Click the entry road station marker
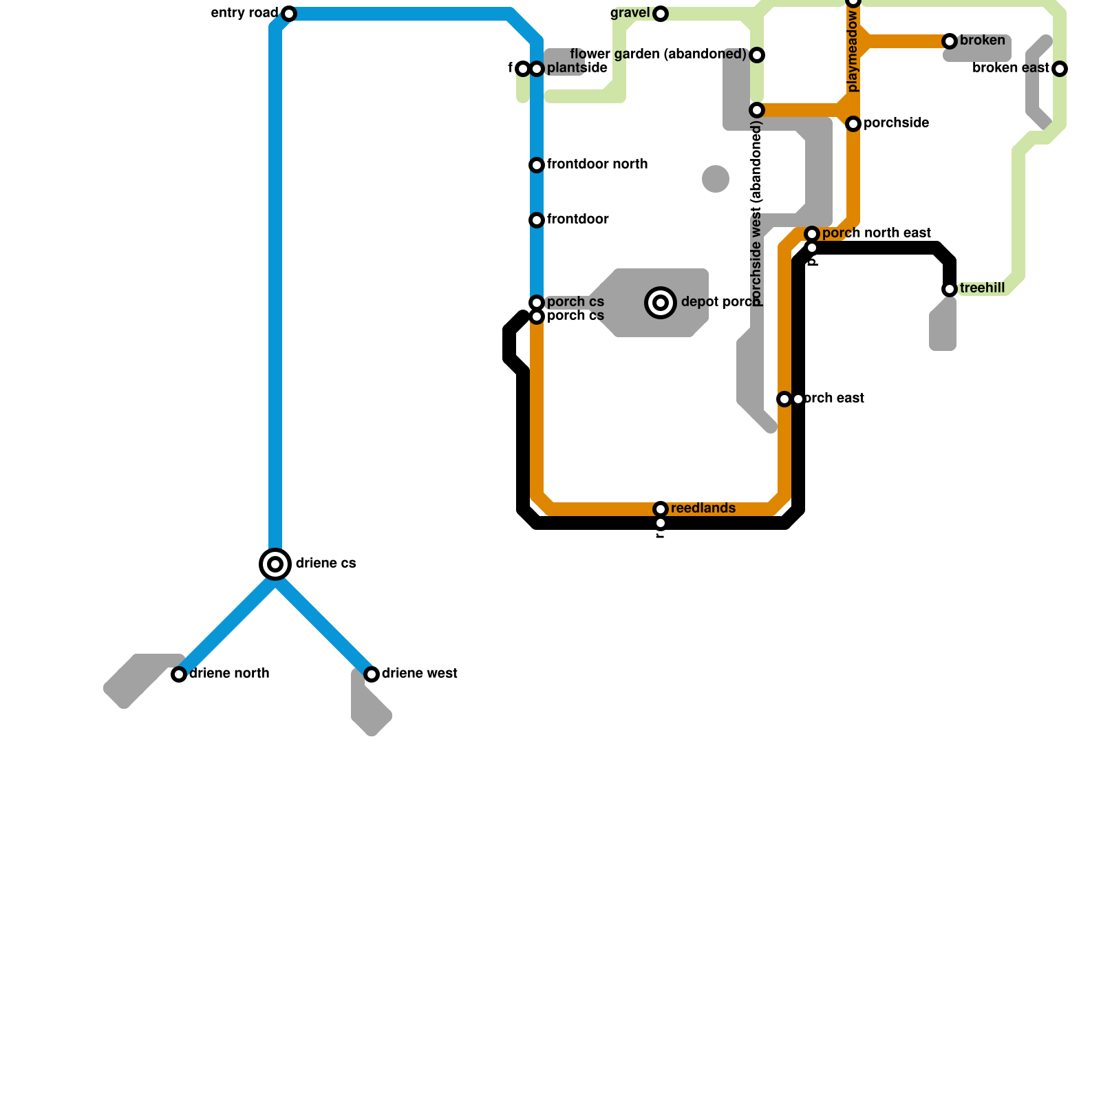tap(289, 14)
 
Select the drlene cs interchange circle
tap(275, 564)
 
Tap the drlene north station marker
tap(179, 674)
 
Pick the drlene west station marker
tap(372, 674)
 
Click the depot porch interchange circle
tap(661, 303)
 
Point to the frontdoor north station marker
tap(537, 165)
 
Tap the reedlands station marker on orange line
tap(661, 509)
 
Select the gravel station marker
tap(661, 14)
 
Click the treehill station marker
tap(950, 289)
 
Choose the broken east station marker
tap(1060, 69)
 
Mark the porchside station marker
tap(853, 124)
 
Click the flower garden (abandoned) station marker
tap(757, 55)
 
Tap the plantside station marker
tap(537, 69)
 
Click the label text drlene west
tap(419, 674)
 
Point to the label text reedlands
tap(703, 509)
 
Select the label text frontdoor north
tap(597, 164)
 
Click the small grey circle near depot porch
tap(716, 179)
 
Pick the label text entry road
tap(244, 13)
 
